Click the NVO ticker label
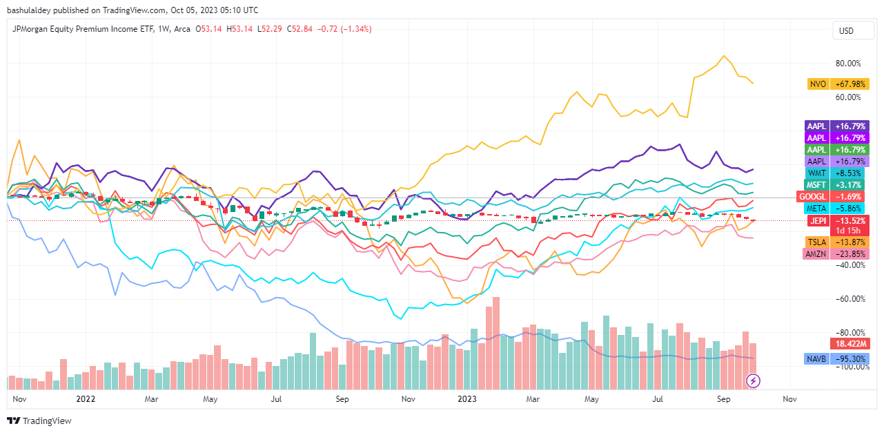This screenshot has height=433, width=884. (x=818, y=84)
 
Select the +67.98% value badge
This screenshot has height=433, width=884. (x=849, y=84)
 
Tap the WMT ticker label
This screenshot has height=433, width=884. (x=816, y=173)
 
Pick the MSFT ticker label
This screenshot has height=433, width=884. (x=816, y=184)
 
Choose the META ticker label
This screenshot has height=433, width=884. (x=816, y=208)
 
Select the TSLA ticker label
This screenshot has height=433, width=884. (x=816, y=242)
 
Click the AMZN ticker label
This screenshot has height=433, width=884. (x=816, y=253)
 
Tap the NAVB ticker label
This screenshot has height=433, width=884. (x=816, y=359)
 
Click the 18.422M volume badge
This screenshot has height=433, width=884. (x=849, y=343)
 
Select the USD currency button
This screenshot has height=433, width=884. (x=846, y=31)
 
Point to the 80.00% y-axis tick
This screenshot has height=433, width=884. (x=848, y=64)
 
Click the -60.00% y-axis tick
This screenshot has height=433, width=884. (x=848, y=299)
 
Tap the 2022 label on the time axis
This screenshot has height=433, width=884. (x=86, y=399)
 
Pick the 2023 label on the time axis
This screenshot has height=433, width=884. (x=467, y=399)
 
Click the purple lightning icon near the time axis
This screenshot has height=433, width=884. (x=754, y=381)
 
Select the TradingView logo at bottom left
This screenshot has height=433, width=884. (x=39, y=421)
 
